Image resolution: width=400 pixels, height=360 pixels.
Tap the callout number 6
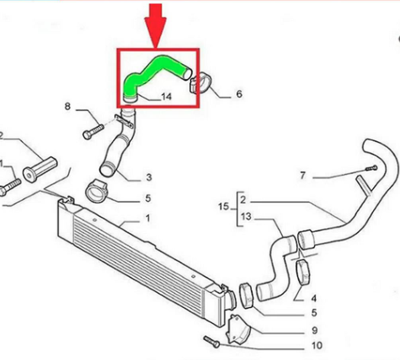pos(238,94)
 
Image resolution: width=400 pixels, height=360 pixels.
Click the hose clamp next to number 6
pos(201,84)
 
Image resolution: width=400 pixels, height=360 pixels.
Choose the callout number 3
pos(149,177)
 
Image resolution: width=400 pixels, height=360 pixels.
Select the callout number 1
pos(148,219)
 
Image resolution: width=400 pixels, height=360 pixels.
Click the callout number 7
pos(303,176)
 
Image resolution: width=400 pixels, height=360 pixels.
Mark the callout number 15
pos(223,207)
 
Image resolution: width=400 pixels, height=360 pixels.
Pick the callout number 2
pos(243,200)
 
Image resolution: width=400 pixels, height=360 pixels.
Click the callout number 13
pos(245,217)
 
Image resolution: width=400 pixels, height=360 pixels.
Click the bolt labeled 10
pos(212,341)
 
